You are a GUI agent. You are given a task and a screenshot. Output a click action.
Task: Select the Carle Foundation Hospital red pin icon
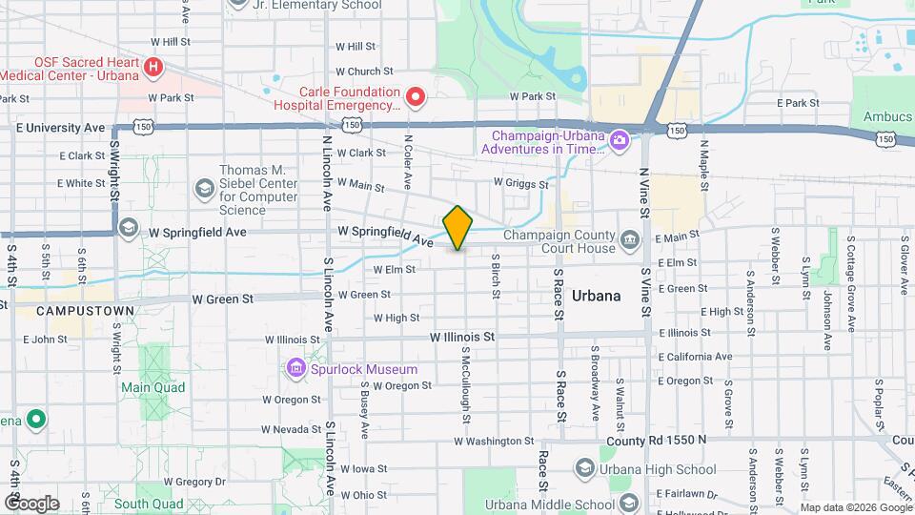(415, 96)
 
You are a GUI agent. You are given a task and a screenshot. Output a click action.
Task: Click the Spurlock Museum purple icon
(295, 369)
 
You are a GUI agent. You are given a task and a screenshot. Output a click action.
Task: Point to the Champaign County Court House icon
(629, 238)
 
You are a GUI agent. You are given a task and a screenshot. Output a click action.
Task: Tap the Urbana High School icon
(583, 468)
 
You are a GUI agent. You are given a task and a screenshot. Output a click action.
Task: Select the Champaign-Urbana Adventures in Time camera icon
(619, 141)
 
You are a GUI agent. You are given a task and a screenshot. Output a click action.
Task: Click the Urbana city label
(597, 296)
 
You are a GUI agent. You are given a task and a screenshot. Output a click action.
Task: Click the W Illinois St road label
(462, 337)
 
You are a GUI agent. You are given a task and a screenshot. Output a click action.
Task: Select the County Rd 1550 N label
(657, 440)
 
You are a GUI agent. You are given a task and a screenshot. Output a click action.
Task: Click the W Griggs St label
(521, 182)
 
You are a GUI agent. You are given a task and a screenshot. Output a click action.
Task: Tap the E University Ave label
(60, 127)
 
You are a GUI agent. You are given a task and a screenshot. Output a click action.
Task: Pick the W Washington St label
(494, 442)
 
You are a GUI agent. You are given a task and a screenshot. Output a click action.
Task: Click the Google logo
(31, 503)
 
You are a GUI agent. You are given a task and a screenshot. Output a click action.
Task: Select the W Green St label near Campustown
(222, 299)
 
